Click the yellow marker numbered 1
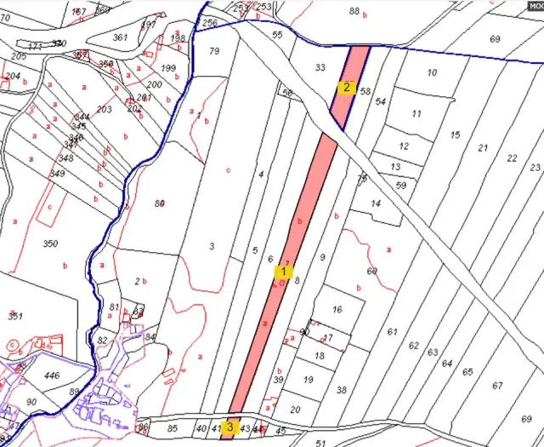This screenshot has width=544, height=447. [x=282, y=272]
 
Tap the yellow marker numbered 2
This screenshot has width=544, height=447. [x=346, y=87]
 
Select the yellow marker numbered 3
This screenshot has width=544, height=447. [x=229, y=427]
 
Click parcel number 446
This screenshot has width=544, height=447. [x=52, y=375]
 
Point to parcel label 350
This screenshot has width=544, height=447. [x=50, y=244]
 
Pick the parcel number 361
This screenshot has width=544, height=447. [x=120, y=37]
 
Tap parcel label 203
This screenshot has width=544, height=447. [x=105, y=110]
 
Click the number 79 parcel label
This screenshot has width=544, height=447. [x=214, y=51]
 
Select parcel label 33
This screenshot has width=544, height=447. [x=320, y=67]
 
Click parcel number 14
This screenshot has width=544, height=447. [x=376, y=204]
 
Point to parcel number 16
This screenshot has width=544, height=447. [x=337, y=310]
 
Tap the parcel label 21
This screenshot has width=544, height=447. [x=483, y=148]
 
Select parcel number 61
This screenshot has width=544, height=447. [x=392, y=332]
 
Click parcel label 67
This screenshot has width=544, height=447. [x=497, y=386]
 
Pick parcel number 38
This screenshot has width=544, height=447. [x=342, y=390]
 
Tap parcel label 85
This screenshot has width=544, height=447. [x=173, y=427]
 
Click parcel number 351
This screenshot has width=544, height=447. [x=14, y=316]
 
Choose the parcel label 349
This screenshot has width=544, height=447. [x=57, y=174]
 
